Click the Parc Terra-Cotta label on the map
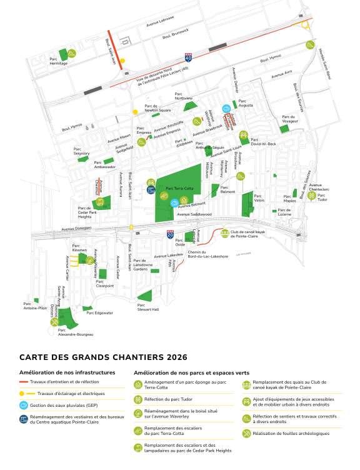pyautogui.click(x=177, y=187)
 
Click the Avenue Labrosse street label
pyautogui.click(x=159, y=23)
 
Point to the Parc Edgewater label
pyautogui.click(x=99, y=312)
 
